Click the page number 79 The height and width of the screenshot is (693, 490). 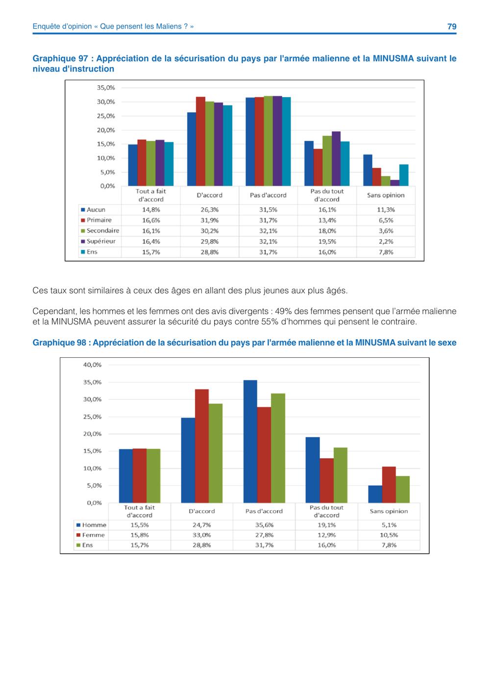(x=452, y=26)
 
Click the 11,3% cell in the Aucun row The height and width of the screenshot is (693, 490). (x=386, y=210)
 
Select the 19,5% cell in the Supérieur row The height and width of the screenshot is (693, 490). (x=327, y=242)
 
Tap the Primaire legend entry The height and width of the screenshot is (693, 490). (x=96, y=220)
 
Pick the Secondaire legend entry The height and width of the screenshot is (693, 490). (x=100, y=230)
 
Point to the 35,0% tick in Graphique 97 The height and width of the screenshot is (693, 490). (x=106, y=88)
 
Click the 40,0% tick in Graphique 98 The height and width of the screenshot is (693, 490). (x=92, y=365)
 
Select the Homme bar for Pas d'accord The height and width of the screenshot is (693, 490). (x=250, y=442)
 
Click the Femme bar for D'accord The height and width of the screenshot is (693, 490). (x=202, y=446)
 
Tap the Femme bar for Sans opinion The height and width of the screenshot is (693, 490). (x=389, y=485)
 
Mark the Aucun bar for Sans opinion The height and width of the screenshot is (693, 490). (x=368, y=170)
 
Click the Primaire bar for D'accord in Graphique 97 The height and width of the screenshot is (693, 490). (x=200, y=141)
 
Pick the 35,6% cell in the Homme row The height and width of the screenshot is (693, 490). (x=264, y=525)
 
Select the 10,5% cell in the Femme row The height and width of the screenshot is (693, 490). (x=389, y=535)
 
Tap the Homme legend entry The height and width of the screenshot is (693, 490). (x=92, y=525)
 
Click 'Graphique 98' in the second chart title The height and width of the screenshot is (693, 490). (x=59, y=343)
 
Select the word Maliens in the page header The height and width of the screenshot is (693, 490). (x=169, y=26)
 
